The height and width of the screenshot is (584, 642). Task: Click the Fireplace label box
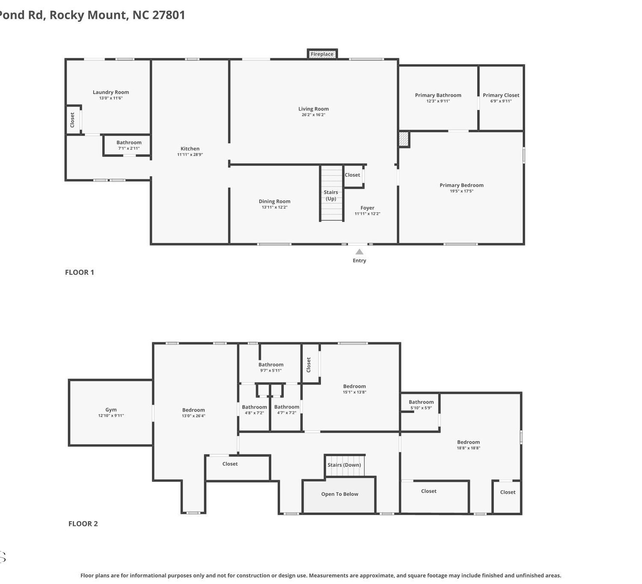pyautogui.click(x=322, y=54)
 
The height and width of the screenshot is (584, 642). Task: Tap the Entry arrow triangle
pyautogui.click(x=360, y=252)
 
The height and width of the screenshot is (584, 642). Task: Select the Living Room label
pyautogui.click(x=313, y=109)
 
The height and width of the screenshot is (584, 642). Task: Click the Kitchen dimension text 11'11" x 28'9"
pyautogui.click(x=190, y=154)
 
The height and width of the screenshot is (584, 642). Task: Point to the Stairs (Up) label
pyautogui.click(x=331, y=195)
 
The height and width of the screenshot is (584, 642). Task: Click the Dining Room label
pyautogui.click(x=275, y=201)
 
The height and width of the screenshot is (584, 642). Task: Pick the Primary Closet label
pyautogui.click(x=501, y=95)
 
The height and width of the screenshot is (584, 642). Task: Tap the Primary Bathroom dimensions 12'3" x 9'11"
pyautogui.click(x=438, y=101)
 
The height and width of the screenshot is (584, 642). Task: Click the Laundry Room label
pyautogui.click(x=111, y=92)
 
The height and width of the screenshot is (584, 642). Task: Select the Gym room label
pyautogui.click(x=111, y=409)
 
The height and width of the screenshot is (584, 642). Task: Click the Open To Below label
pyautogui.click(x=339, y=494)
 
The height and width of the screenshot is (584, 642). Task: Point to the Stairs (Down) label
pyautogui.click(x=344, y=465)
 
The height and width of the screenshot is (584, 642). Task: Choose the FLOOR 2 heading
pyautogui.click(x=83, y=524)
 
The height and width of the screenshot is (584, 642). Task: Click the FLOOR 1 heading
pyautogui.click(x=79, y=273)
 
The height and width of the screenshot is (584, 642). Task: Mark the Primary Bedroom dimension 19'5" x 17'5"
pyautogui.click(x=461, y=191)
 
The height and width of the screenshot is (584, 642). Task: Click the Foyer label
pyautogui.click(x=367, y=208)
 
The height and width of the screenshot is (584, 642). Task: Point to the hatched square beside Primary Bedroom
pyautogui.click(x=404, y=139)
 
